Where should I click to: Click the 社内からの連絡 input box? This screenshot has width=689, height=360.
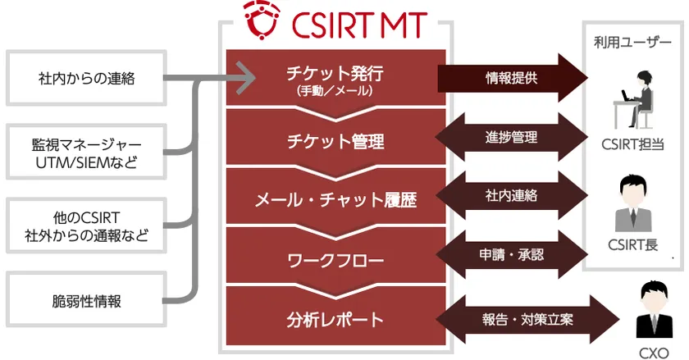(x=85, y=79)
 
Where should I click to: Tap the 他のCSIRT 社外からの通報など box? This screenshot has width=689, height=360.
(x=85, y=227)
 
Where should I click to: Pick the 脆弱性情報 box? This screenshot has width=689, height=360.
(x=85, y=301)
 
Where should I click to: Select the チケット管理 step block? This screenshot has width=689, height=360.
(x=335, y=141)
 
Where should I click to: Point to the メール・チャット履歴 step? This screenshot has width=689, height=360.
(x=335, y=199)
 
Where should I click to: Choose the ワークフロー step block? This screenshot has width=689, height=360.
(x=335, y=261)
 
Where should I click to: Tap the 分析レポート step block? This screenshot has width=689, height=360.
(x=335, y=318)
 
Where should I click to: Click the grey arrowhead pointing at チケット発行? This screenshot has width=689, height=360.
(x=244, y=80)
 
